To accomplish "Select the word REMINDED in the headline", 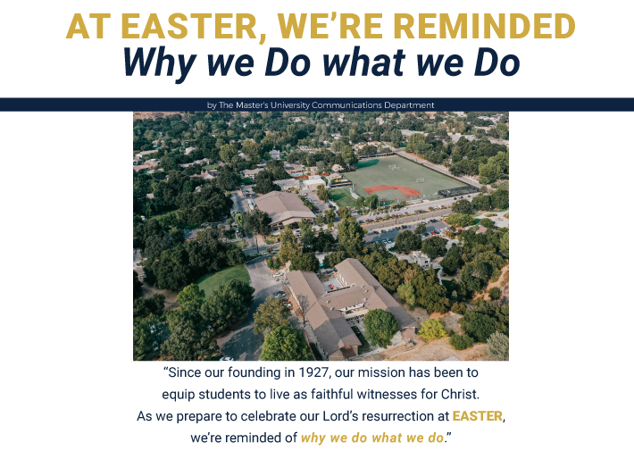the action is point(484,26).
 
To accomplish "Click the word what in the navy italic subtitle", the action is point(364,63).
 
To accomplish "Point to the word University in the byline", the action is point(290,105).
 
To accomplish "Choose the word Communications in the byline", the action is point(347,105).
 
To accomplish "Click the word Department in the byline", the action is point(409,105).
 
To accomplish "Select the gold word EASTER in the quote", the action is point(478,416).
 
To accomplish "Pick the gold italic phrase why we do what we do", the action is point(372,438).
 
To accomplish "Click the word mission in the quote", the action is point(381,372).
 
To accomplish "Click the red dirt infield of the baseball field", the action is point(392,190).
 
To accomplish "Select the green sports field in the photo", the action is point(405,178).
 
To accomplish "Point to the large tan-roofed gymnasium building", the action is point(284,208).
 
